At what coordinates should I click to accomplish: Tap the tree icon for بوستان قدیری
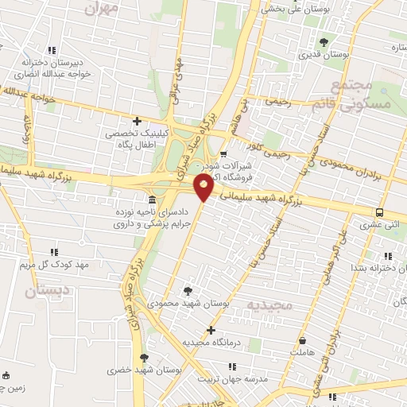coord(323,42)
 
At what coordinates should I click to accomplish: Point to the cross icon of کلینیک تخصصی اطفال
coord(138,122)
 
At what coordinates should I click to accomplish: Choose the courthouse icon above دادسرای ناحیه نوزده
coord(152,199)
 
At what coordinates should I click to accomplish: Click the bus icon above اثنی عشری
coord(380,212)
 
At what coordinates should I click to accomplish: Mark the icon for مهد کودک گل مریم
coord(78,250)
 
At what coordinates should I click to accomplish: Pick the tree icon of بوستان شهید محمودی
coord(188,291)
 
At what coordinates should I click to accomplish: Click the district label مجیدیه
coord(270,304)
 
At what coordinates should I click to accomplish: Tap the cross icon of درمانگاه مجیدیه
coord(211,330)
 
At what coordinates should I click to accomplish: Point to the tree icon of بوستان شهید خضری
coord(144,358)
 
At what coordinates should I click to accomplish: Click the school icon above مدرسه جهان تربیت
coord(232,366)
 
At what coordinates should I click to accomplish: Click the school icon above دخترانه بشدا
coord(388,256)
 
